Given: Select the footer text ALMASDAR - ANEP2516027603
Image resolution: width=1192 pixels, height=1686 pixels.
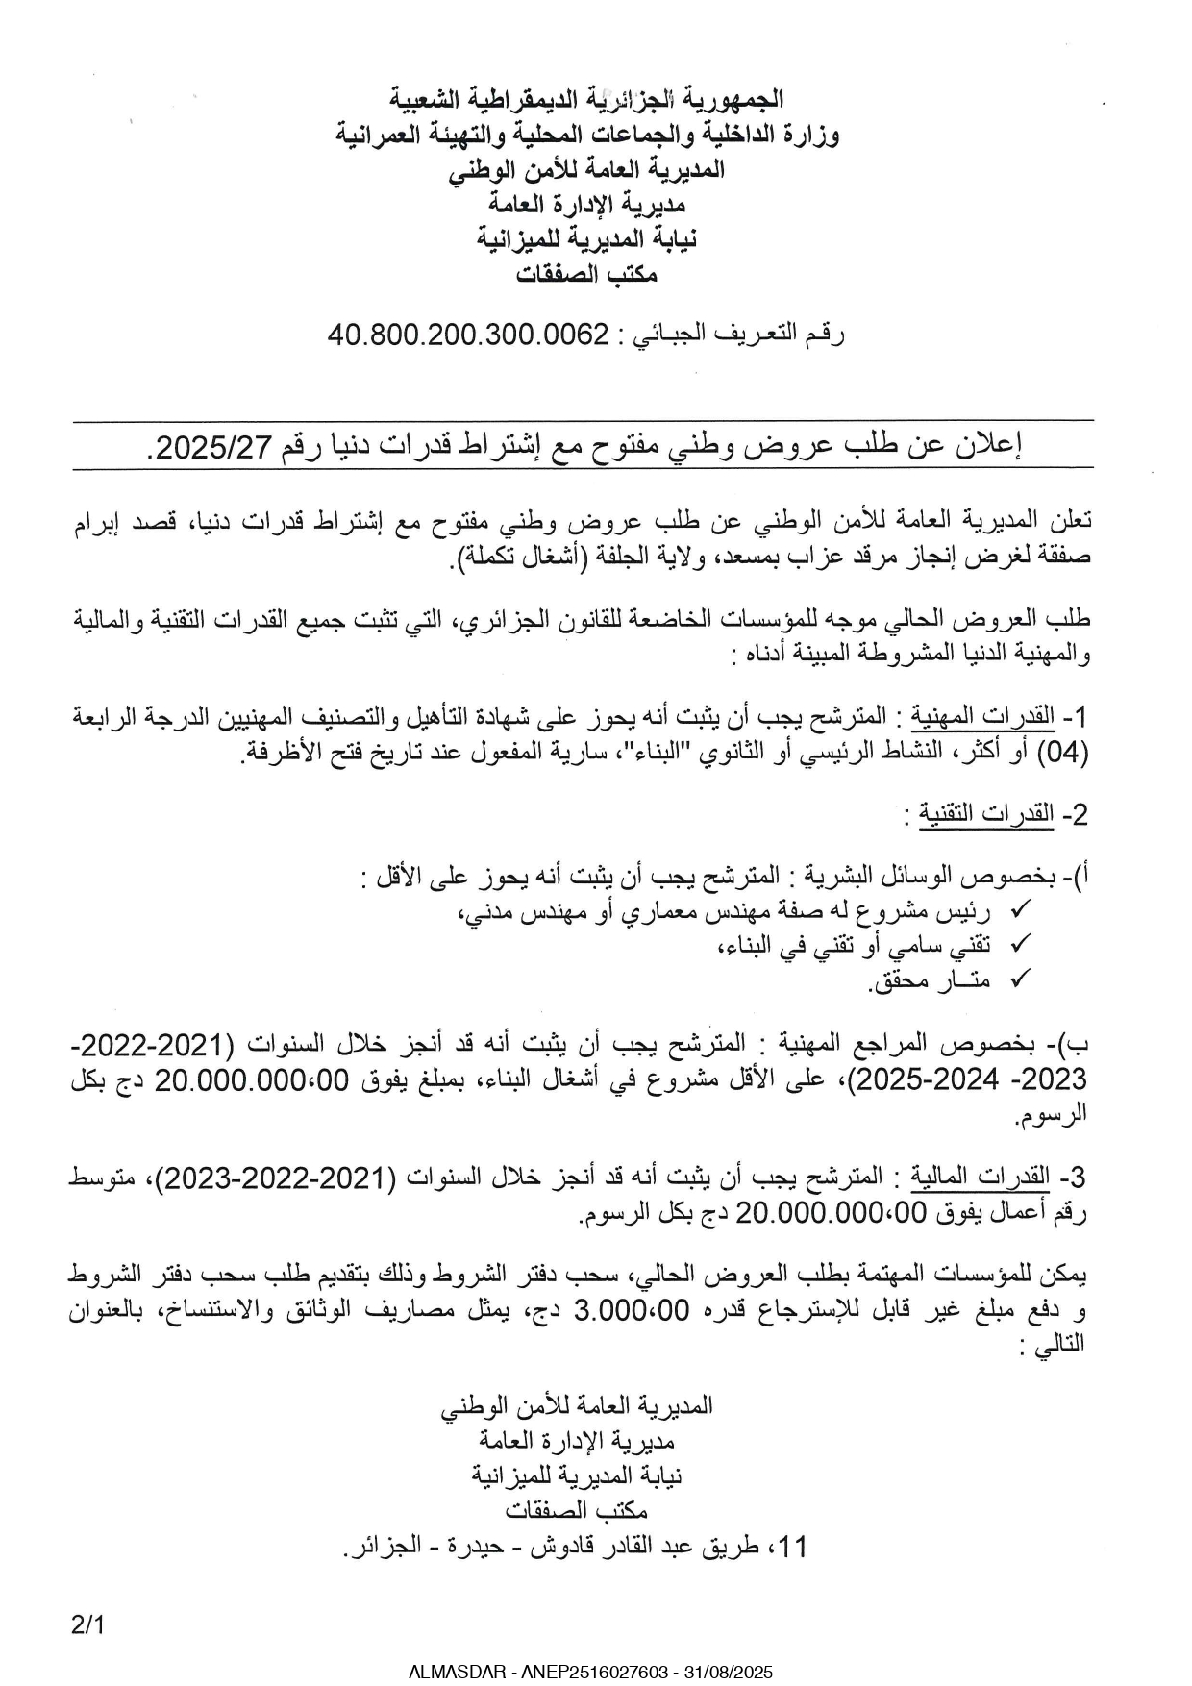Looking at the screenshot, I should (537, 1673).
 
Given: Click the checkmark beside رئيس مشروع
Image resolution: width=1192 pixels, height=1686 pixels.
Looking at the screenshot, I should (1022, 909).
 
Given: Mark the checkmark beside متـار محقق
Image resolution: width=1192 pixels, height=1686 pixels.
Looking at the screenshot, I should (1022, 979).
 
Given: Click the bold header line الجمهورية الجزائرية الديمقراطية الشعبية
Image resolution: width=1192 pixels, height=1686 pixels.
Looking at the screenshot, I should (586, 98).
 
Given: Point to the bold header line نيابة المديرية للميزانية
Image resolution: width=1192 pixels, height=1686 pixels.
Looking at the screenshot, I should (586, 238).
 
